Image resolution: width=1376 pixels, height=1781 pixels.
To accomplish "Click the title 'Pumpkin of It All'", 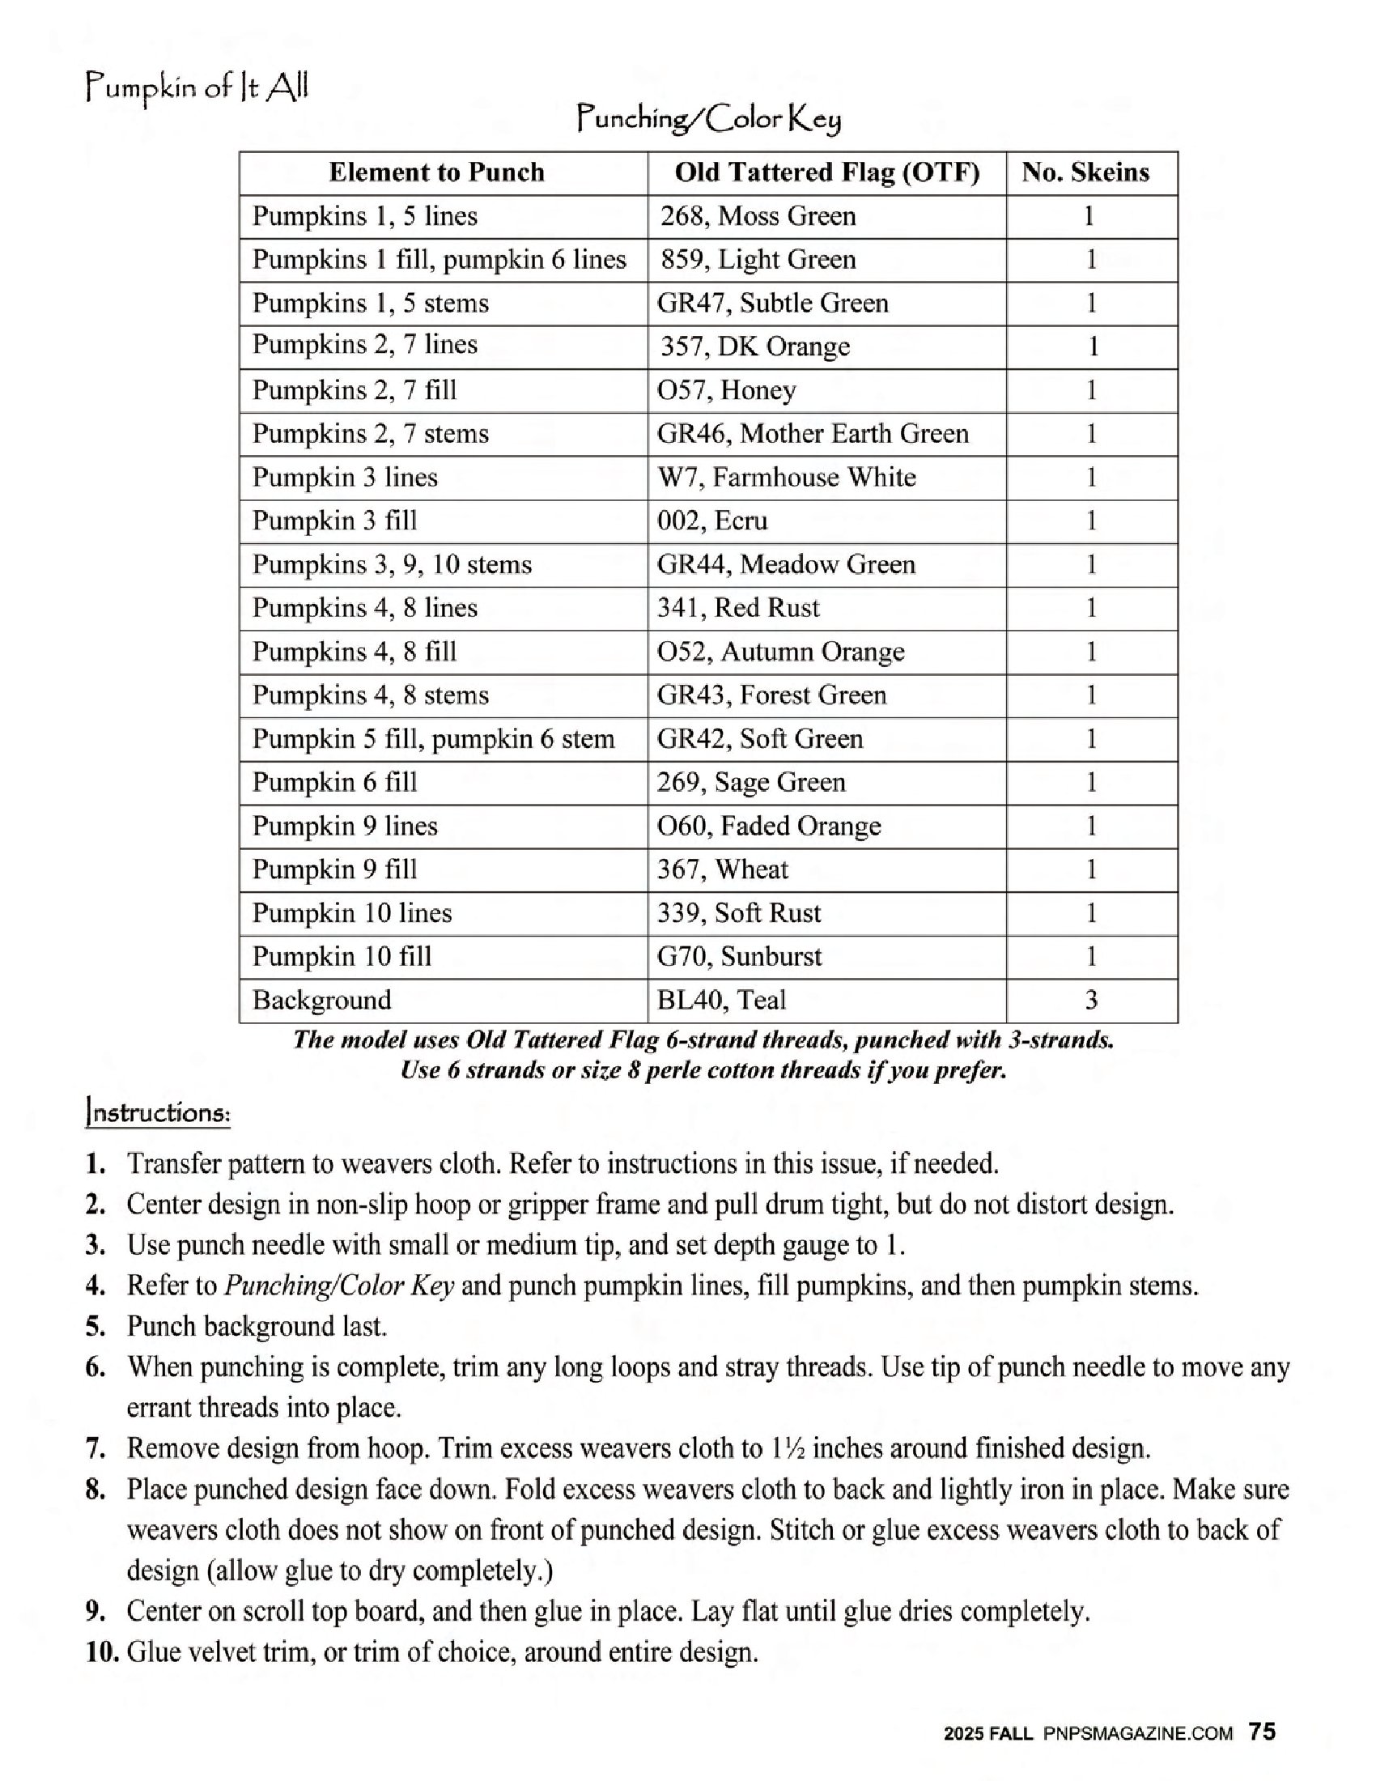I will click(197, 87).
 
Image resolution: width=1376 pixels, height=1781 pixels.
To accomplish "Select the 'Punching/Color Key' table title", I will click(708, 120).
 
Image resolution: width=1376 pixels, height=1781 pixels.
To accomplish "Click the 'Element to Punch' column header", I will click(436, 172).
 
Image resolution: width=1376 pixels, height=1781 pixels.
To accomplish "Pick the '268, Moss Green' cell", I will click(758, 216).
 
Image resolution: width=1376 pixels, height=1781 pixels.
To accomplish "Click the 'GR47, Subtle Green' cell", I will click(773, 304).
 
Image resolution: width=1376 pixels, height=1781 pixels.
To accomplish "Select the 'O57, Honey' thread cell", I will click(726, 391).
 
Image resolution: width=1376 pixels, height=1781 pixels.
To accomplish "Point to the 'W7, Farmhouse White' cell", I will click(787, 477).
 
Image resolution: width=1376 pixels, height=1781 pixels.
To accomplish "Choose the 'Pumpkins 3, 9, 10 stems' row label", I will click(391, 564).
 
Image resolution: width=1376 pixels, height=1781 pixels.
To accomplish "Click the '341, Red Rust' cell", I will click(738, 607).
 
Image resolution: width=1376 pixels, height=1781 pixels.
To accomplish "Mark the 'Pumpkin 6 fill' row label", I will click(334, 782).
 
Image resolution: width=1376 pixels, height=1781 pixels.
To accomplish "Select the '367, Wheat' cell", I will click(723, 869).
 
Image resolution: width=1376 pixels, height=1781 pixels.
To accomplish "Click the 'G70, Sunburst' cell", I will click(739, 957).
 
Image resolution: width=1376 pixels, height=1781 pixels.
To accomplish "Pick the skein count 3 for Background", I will click(1092, 1000).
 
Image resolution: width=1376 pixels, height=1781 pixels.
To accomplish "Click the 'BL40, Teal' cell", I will click(721, 1000).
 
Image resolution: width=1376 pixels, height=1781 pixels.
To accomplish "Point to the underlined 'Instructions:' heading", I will click(158, 1113).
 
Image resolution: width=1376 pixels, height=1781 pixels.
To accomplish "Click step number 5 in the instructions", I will click(96, 1327).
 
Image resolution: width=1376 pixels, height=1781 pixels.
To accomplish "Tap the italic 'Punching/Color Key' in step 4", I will click(339, 1286).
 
